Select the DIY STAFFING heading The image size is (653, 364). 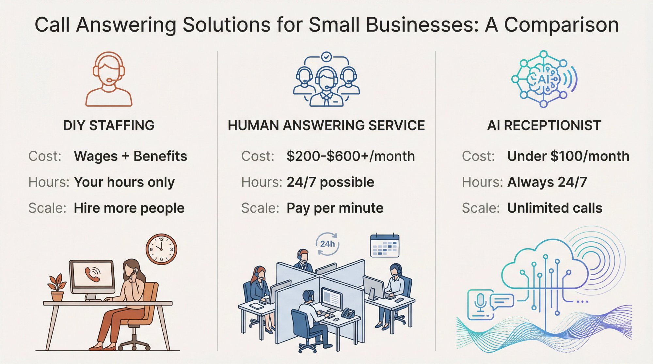point(109,126)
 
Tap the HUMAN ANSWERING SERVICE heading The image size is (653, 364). point(326,126)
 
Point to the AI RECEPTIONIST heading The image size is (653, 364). point(544,126)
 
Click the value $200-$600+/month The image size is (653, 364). point(351,156)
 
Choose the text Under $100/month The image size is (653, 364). point(568,156)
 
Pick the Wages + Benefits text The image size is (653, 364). point(131,156)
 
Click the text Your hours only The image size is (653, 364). point(124,182)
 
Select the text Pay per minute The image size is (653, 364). point(335,208)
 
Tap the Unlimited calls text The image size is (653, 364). point(555,208)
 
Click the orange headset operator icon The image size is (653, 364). point(109,79)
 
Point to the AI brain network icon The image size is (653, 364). point(543,79)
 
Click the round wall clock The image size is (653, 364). point(161,249)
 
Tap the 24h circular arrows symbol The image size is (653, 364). point(327,244)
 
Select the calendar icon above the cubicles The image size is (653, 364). point(385,246)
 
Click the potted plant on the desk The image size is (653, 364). point(57,287)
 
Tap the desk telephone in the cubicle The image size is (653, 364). point(348,313)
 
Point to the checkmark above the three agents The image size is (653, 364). point(326,57)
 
